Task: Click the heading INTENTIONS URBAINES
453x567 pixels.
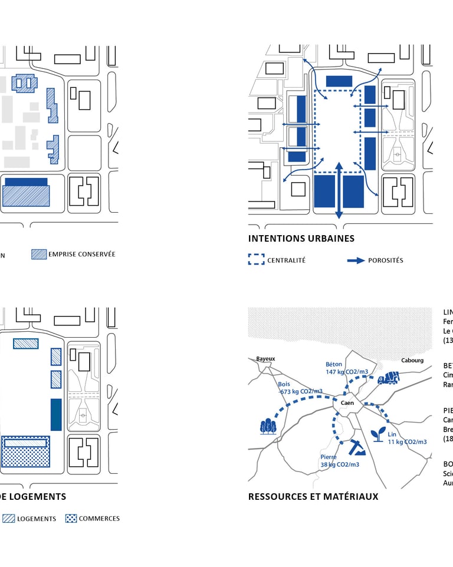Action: point(301,239)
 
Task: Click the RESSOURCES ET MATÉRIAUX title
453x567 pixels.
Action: point(313,497)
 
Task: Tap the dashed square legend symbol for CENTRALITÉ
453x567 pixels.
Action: point(256,260)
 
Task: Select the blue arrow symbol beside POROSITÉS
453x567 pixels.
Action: point(356,260)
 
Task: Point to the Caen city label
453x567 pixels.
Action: point(346,403)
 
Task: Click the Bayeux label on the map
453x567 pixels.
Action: point(265,358)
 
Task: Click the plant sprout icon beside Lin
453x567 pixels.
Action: point(376,434)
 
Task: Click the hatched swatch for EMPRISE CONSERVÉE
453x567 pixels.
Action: point(39,254)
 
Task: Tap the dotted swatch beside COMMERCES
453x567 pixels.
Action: point(71,519)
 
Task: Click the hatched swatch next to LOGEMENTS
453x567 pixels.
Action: point(8,519)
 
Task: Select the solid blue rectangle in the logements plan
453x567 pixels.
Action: point(56,414)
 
